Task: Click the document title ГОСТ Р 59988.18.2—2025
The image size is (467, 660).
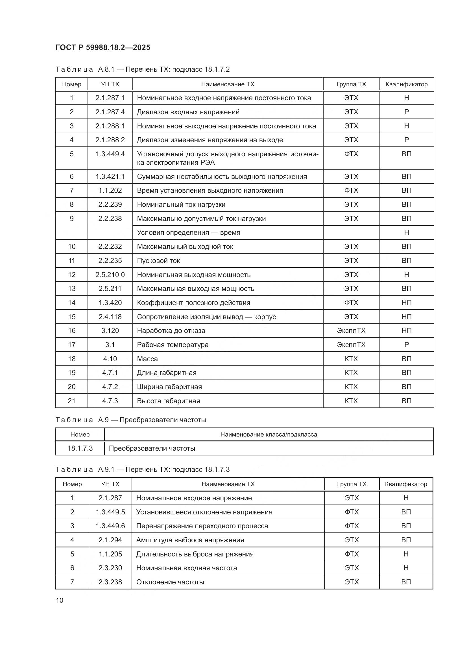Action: tap(103, 47)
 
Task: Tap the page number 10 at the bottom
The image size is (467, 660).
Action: tap(60, 600)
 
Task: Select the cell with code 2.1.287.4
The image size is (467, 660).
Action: tap(110, 112)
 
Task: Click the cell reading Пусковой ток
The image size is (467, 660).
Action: tap(158, 260)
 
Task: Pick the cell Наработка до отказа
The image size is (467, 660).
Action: tap(171, 331)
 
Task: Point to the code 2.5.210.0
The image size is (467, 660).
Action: tap(110, 275)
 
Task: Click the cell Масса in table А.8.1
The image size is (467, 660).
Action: tap(147, 359)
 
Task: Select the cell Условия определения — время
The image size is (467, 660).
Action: tap(188, 232)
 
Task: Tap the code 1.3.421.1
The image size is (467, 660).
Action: tap(110, 176)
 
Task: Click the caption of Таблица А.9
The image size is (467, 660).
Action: tap(130, 420)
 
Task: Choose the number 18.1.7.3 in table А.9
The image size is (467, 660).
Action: tap(80, 448)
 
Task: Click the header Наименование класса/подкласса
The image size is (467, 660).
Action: tap(269, 434)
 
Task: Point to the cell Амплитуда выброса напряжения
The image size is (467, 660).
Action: tap(190, 540)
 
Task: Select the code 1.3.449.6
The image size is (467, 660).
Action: tap(110, 526)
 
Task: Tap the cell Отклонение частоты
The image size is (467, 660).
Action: tap(170, 582)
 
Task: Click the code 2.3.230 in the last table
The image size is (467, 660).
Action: tap(110, 568)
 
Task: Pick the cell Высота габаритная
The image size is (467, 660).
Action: tap(168, 401)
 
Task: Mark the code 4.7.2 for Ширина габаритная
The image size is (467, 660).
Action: tap(110, 387)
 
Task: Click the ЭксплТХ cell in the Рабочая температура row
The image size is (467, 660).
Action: tap(351, 345)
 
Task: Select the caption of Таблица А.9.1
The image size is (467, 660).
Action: tap(142, 470)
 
